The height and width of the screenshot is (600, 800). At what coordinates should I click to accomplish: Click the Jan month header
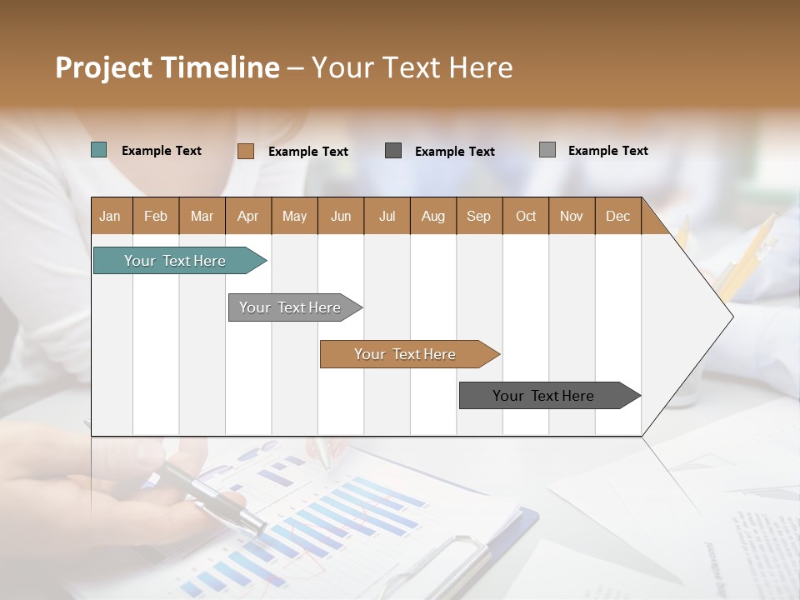[x=111, y=216]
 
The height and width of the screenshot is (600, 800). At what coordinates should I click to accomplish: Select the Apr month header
[x=248, y=216]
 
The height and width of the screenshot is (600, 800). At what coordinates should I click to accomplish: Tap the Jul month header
[x=387, y=216]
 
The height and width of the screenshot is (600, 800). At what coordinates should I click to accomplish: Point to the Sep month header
[x=479, y=216]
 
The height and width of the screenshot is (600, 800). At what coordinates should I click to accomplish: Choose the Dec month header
[x=618, y=216]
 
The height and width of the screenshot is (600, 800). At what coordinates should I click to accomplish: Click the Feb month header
[x=156, y=216]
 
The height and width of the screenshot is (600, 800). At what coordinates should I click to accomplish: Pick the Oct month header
[x=526, y=216]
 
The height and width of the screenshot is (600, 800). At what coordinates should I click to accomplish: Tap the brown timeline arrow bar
[x=406, y=354]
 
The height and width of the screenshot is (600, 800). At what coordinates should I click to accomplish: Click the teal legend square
[x=99, y=150]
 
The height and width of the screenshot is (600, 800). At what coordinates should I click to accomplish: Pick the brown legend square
[x=246, y=151]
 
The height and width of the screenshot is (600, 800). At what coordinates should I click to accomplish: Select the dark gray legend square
[x=393, y=151]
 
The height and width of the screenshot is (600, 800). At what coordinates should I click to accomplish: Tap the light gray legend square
[x=547, y=150]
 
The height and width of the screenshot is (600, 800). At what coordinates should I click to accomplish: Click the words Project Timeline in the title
[x=167, y=67]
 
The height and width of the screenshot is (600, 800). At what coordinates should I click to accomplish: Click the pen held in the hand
[x=212, y=497]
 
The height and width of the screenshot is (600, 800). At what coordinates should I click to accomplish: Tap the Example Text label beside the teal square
[x=162, y=151]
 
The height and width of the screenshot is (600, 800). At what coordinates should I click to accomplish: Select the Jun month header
[x=341, y=216]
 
